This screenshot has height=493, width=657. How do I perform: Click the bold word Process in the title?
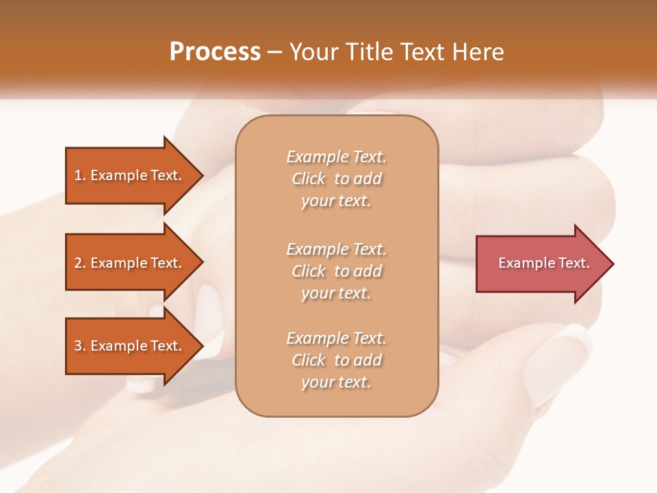pos(215,52)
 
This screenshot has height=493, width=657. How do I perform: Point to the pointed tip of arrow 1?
pos(201,175)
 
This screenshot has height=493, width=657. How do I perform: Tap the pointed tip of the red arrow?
pos(612,264)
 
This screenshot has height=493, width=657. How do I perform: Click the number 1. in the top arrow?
pos(79,175)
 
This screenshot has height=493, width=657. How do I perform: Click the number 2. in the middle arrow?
pos(79,263)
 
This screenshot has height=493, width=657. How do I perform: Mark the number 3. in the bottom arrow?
pos(79,346)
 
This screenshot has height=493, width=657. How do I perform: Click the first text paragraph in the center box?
pos(336,179)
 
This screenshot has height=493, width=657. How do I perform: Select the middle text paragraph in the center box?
pos(336,270)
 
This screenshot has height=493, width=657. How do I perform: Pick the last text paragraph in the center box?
pos(336,360)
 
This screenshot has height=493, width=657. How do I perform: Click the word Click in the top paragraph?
pos(309,179)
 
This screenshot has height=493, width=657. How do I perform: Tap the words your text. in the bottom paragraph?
pos(336,383)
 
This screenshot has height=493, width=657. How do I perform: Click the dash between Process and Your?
pos(274,52)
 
